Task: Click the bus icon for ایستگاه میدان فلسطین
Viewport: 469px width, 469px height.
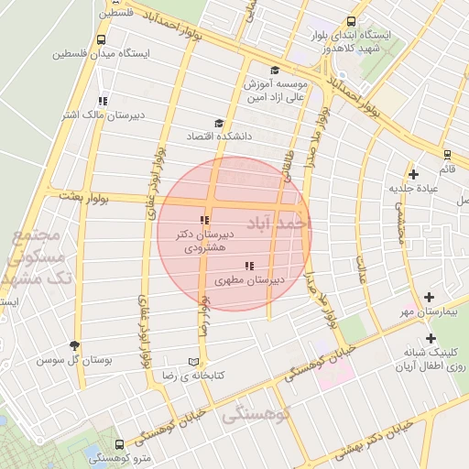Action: click(x=100, y=39)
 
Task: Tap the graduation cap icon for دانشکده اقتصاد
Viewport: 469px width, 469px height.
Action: click(x=218, y=124)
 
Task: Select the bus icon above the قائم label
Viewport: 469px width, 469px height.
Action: click(x=446, y=155)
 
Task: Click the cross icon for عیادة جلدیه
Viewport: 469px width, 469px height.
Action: click(x=414, y=174)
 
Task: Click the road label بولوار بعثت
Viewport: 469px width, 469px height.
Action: click(x=84, y=195)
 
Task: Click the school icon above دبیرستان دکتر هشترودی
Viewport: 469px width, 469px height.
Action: click(x=204, y=220)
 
